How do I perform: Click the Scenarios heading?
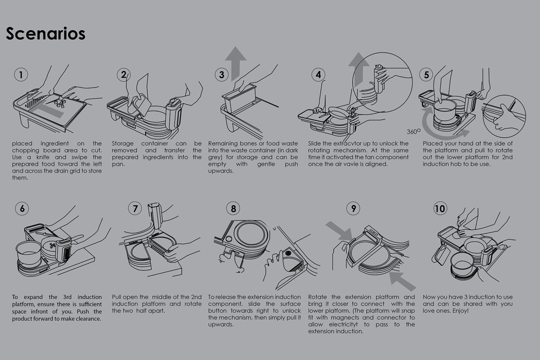[x=45, y=34]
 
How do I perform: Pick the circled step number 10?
[x=440, y=208]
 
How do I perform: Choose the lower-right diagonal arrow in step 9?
[x=403, y=281]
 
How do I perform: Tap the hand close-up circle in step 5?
[x=504, y=114]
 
